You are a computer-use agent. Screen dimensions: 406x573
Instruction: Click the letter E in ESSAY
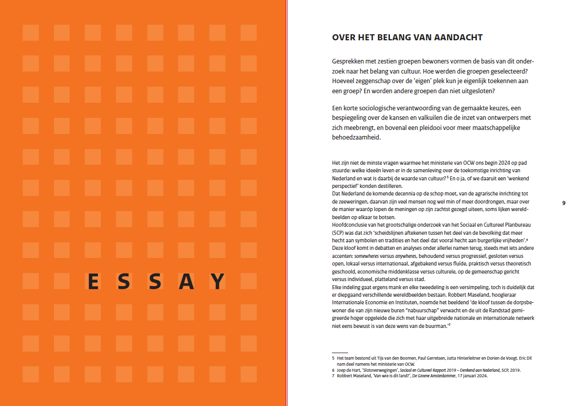tap(93, 281)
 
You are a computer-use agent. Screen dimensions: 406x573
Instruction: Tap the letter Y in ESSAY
tap(217, 281)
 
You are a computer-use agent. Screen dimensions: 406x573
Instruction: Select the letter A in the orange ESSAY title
tap(187, 281)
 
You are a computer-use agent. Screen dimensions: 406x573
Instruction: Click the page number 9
tap(563, 203)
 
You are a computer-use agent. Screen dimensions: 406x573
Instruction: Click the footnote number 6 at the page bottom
tap(333, 370)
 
